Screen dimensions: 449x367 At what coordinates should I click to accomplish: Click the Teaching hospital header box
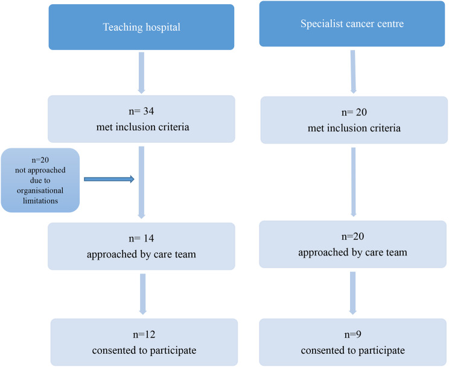click(x=141, y=27)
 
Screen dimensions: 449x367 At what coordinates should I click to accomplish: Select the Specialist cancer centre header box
click(x=352, y=24)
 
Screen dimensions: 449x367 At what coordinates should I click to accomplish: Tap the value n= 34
click(x=141, y=111)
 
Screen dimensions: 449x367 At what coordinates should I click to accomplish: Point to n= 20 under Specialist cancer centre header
click(x=354, y=112)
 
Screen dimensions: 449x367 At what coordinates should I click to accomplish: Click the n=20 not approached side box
click(x=40, y=180)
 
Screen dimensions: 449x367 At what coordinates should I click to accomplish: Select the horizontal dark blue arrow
click(x=109, y=180)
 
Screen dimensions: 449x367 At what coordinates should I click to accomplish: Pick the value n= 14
click(x=141, y=238)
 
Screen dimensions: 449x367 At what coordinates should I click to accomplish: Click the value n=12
click(x=144, y=334)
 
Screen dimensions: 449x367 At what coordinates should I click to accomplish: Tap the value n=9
click(x=352, y=334)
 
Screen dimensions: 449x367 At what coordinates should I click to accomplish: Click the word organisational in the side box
click(x=40, y=191)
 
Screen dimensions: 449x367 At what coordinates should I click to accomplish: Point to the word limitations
click(x=40, y=201)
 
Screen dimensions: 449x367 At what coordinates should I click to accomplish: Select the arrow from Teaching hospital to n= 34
click(x=141, y=73)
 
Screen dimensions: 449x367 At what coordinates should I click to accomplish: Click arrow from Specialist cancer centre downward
click(x=353, y=72)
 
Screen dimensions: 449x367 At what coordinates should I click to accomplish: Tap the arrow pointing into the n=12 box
click(x=142, y=294)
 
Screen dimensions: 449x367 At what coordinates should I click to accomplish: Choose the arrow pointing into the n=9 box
click(x=353, y=293)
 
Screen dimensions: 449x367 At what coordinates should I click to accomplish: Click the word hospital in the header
click(x=163, y=28)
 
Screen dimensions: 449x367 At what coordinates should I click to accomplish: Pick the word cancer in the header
click(x=358, y=24)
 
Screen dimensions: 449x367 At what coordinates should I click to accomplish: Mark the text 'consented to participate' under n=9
click(x=353, y=350)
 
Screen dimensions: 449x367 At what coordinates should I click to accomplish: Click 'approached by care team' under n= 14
click(x=141, y=254)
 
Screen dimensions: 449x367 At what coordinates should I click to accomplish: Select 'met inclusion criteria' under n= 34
click(x=142, y=127)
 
